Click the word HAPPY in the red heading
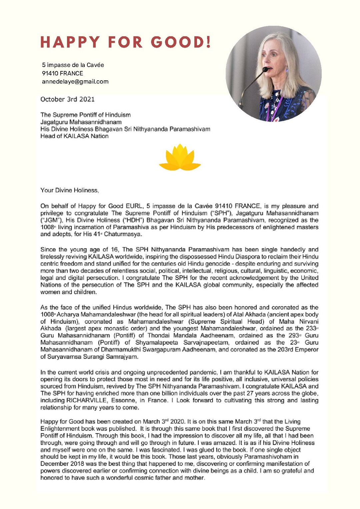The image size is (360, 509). point(70,42)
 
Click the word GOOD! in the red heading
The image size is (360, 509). point(181,42)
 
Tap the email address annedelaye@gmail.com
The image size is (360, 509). point(75,82)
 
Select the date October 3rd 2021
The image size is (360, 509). point(67,99)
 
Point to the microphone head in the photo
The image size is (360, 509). point(265,70)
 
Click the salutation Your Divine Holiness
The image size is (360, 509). point(69,190)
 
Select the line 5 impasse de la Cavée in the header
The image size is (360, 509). point(73,65)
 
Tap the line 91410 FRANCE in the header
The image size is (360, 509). point(62,73)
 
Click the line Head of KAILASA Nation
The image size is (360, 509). point(74,136)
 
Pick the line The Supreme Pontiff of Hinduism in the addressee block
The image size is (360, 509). point(85,115)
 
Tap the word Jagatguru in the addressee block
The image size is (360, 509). point(54,122)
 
